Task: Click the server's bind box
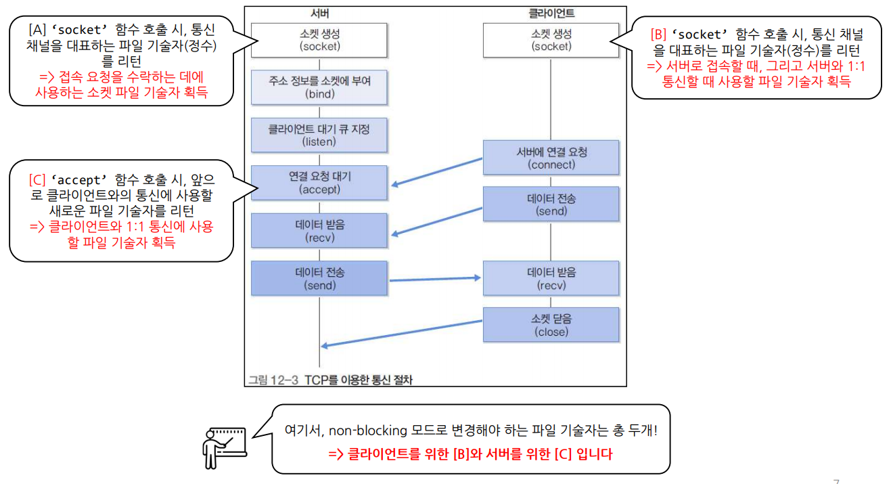tap(319, 87)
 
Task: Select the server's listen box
tap(319, 135)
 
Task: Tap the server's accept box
tap(319, 183)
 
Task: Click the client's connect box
tap(551, 158)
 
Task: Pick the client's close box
tap(551, 325)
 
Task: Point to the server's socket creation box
tap(319, 40)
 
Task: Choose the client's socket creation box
tap(551, 40)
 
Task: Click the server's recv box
tap(319, 231)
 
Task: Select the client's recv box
tap(551, 278)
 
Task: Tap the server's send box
tap(319, 278)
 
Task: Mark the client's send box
tap(551, 204)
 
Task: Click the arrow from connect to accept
tap(436, 171)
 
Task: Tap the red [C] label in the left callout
tap(37, 181)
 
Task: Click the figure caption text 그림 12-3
tap(274, 380)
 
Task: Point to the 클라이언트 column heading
tap(551, 14)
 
